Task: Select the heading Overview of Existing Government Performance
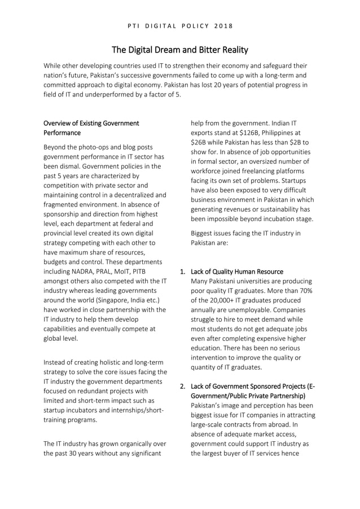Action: click(x=91, y=128)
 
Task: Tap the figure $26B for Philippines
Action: click(x=201, y=143)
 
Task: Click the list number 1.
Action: click(x=182, y=271)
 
